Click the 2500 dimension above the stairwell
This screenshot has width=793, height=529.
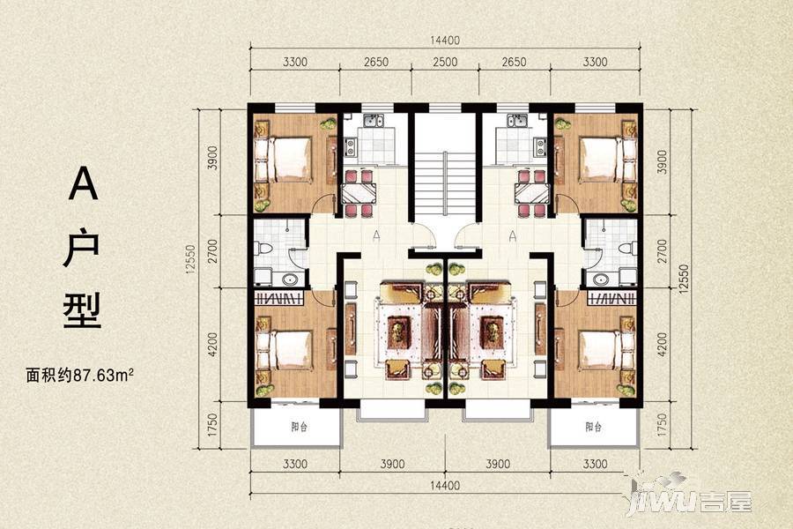pos(445,62)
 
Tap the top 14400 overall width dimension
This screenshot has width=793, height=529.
pos(445,40)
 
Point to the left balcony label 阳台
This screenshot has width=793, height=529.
pos(300,426)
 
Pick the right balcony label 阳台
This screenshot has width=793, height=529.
pos(594,426)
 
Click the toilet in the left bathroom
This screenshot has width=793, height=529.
pos(264,248)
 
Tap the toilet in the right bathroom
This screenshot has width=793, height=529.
pos(627,248)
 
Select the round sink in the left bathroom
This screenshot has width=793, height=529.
pos(290,279)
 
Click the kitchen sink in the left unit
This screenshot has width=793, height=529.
pos(374,121)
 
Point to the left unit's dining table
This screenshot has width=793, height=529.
pos(359,193)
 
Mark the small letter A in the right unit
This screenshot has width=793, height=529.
pos(513,235)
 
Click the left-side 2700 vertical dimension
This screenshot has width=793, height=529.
pos(213,250)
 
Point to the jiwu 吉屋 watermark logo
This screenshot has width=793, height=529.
pos(690,497)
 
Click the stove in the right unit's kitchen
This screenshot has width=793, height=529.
pos(540,147)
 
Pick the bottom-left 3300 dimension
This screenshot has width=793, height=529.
pos(295,464)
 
